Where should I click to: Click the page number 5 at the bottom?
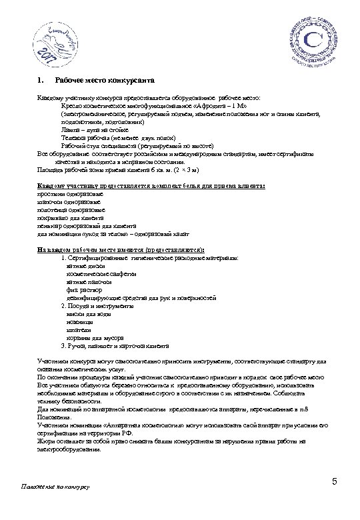[334, 482]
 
